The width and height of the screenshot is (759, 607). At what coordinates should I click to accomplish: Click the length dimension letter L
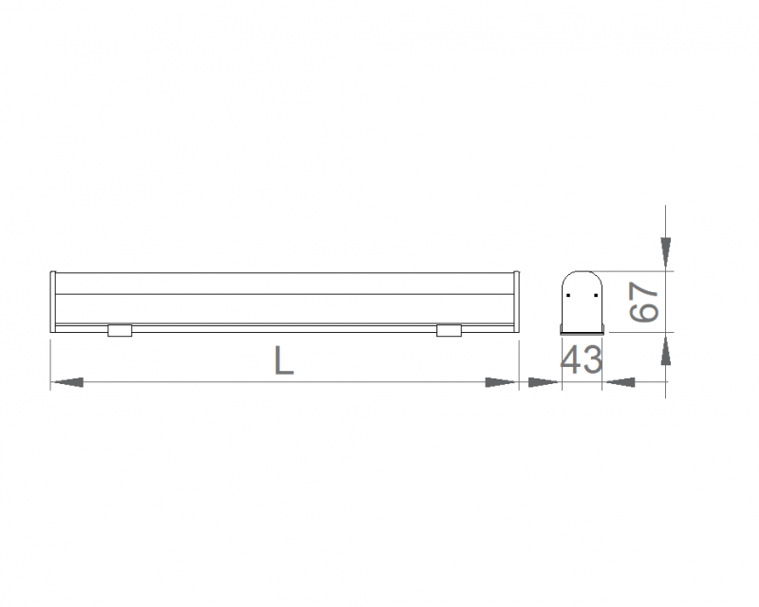click(284, 360)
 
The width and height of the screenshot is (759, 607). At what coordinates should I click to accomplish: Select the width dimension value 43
click(582, 359)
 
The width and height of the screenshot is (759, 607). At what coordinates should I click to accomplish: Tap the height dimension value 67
click(644, 303)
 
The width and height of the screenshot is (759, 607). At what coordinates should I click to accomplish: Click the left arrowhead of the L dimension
click(66, 382)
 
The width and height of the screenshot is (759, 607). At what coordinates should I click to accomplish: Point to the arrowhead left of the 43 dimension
click(544, 382)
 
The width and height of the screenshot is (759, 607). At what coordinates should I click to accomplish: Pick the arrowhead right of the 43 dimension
click(620, 382)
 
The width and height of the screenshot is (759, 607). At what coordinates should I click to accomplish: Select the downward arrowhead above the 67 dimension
click(666, 253)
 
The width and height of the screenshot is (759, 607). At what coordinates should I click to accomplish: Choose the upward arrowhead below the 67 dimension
click(666, 350)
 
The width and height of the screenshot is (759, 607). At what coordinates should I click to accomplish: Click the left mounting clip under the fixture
click(120, 330)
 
